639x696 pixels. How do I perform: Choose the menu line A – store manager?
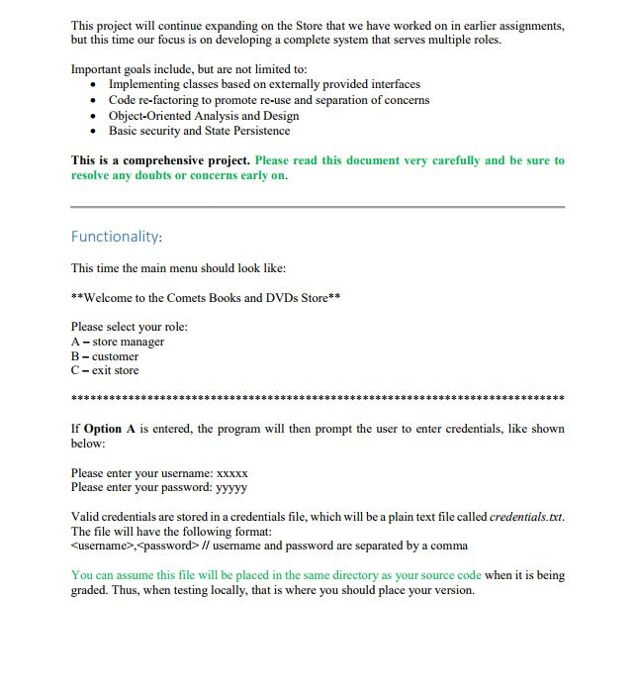tap(118, 342)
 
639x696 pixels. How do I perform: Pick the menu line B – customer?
tap(105, 356)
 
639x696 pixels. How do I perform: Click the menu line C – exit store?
tap(105, 370)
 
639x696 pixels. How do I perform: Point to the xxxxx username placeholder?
tap(231, 473)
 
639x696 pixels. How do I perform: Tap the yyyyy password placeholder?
tap(231, 487)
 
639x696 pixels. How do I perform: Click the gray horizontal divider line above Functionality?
tap(318, 207)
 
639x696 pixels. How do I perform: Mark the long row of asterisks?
tap(318, 400)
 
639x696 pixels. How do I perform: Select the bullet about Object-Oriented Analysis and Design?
tap(204, 116)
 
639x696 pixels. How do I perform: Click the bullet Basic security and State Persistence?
tap(199, 131)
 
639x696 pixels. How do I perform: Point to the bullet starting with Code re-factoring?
tap(268, 100)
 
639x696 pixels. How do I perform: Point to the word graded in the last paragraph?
tap(90, 590)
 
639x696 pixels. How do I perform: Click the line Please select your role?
tap(129, 327)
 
